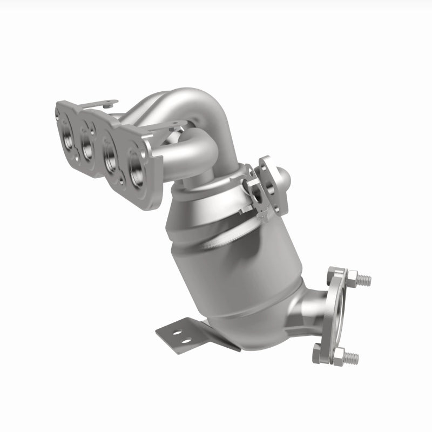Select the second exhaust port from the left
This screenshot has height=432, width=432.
tap(87, 144)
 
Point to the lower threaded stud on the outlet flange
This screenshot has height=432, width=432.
tap(351, 357)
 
